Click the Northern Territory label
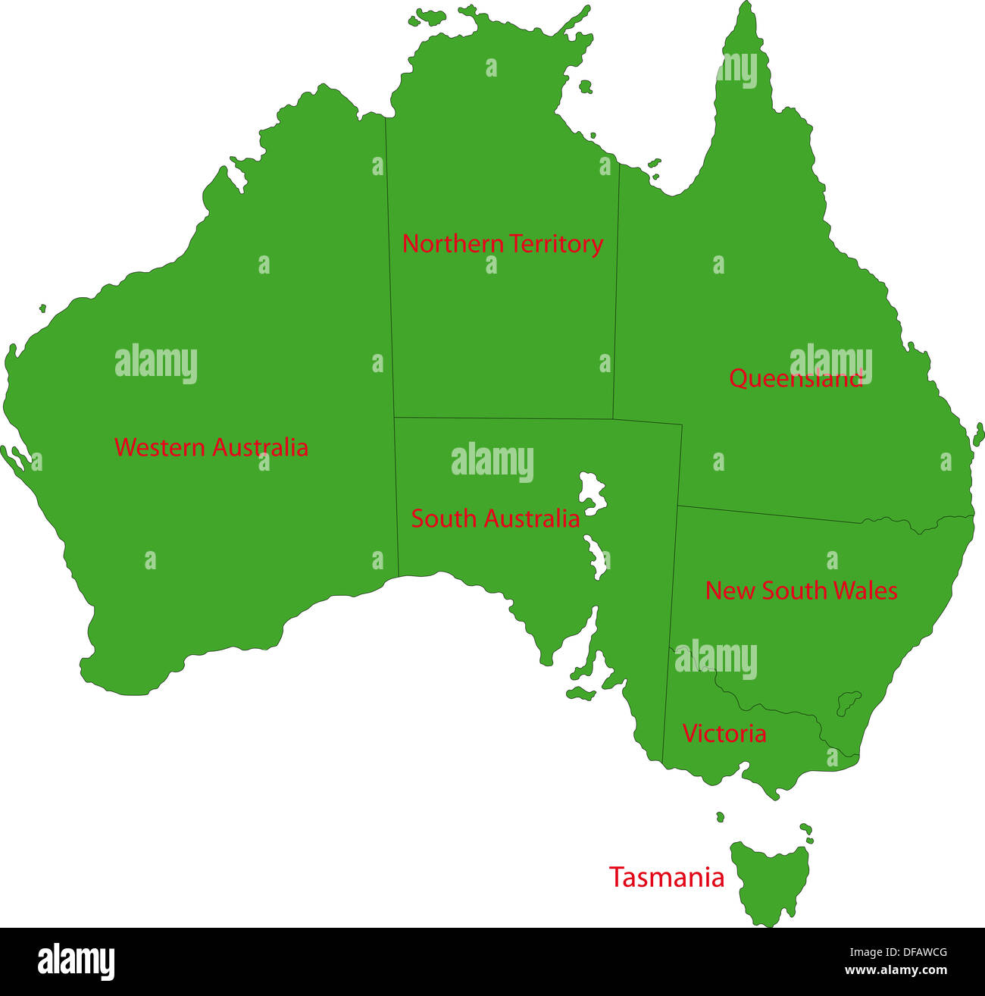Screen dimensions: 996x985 pyautogui.click(x=502, y=244)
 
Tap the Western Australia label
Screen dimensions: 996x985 pyautogui.click(x=211, y=447)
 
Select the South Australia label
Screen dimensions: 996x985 pyautogui.click(x=496, y=519)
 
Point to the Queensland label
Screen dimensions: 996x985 pyautogui.click(x=796, y=378)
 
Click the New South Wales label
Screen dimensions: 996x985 pyautogui.click(x=802, y=590)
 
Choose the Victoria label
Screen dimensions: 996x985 pyautogui.click(x=724, y=734)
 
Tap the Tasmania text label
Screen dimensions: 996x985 pyautogui.click(x=667, y=878)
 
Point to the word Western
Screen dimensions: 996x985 pyautogui.click(x=160, y=447)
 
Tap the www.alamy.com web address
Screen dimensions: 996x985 pyautogui.click(x=896, y=971)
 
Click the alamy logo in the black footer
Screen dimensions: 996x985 pyautogui.click(x=77, y=961)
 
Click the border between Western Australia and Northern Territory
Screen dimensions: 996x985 pyautogui.click(x=389, y=265)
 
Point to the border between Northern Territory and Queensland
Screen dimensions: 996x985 pyautogui.click(x=616, y=288)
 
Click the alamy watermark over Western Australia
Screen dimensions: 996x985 pyautogui.click(x=156, y=364)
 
